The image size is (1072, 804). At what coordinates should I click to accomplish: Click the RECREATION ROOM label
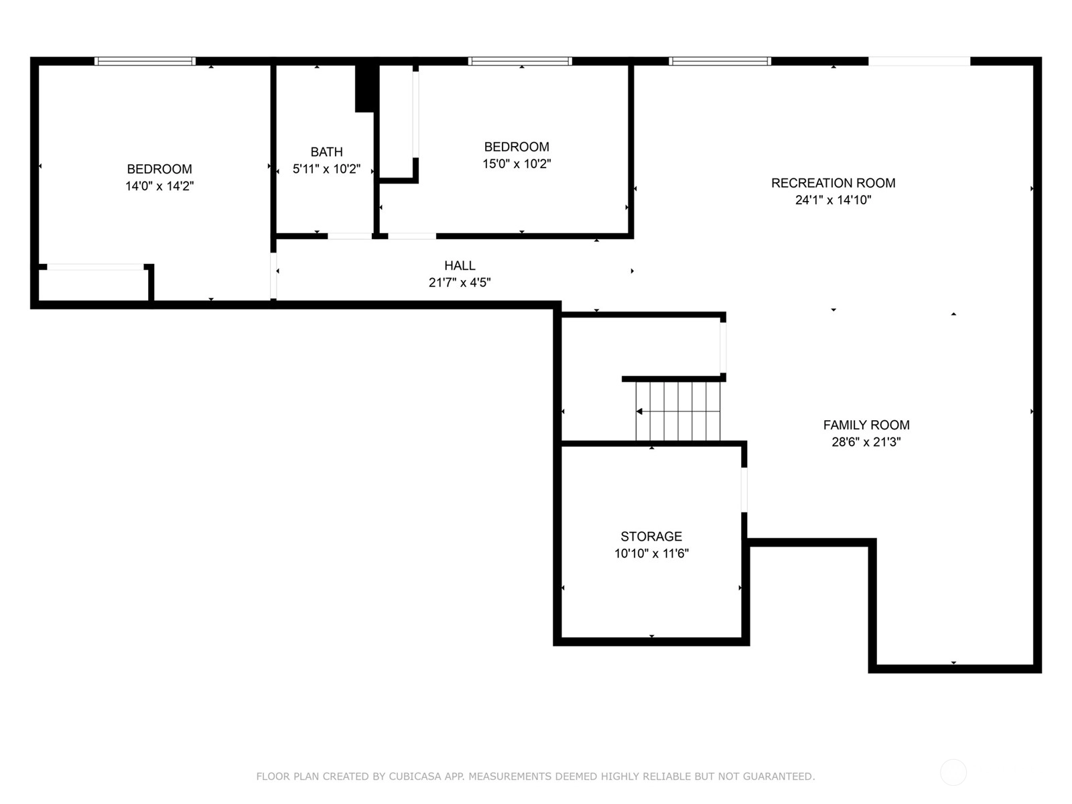pos(833,183)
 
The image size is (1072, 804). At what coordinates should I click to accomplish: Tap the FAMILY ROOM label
pos(866,425)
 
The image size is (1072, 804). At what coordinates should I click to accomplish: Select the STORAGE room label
pos(651,537)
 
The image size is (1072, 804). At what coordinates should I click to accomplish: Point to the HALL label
pos(460,265)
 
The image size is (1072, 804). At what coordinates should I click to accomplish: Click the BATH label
pos(326,152)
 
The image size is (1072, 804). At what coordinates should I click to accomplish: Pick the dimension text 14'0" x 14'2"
pos(159,186)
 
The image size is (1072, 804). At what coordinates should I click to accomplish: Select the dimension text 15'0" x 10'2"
pos(517,163)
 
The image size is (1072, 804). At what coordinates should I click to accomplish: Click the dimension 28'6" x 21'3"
pos(866,442)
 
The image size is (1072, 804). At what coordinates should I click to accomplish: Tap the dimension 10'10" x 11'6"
pos(651,553)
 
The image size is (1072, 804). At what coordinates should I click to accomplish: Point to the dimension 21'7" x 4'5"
pos(460,283)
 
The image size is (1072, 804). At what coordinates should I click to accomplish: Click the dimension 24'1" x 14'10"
pos(833,200)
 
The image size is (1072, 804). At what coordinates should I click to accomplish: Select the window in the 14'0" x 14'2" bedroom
pos(145,61)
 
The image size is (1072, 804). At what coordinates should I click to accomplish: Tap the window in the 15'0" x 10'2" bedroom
pos(520,61)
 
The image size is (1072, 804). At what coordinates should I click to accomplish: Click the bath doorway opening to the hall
pos(350,237)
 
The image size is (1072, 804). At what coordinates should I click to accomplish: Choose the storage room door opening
pos(744,490)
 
